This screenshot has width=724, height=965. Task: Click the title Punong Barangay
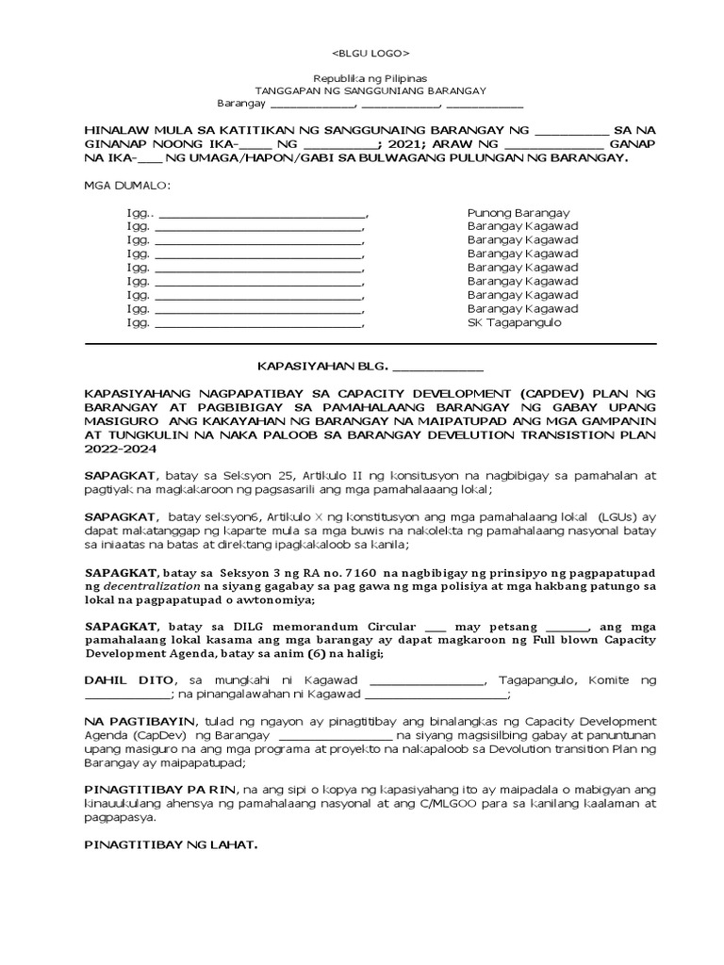[518, 213]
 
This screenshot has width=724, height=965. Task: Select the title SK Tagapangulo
[514, 322]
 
